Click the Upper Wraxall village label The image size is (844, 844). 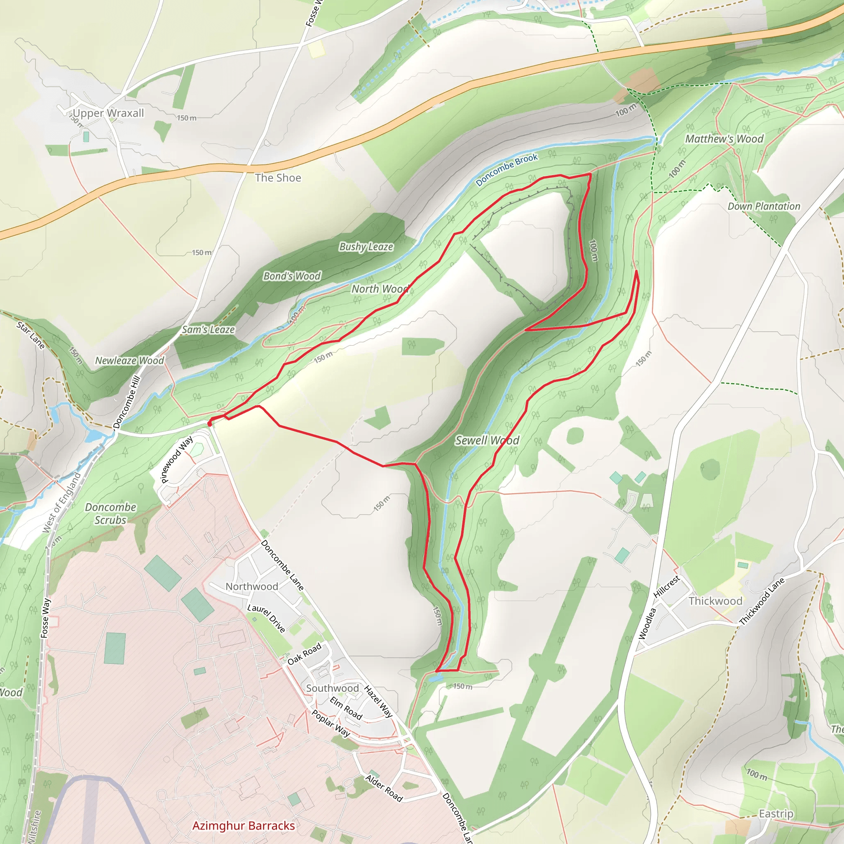click(x=108, y=113)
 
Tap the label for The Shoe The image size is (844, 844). click(x=278, y=178)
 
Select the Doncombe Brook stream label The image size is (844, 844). click(x=507, y=169)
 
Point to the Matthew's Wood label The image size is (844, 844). click(x=724, y=139)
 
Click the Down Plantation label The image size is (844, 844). click(x=764, y=206)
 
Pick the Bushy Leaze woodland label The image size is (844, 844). click(x=366, y=247)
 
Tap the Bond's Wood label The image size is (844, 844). click(x=292, y=276)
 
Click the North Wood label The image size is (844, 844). click(x=380, y=289)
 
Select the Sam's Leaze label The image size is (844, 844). click(x=209, y=330)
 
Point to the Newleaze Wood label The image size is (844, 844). click(x=129, y=361)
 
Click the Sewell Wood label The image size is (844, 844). click(x=487, y=441)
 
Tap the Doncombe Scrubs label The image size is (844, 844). click(x=110, y=514)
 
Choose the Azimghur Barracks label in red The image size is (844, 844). click(x=243, y=825)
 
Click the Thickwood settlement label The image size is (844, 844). click(x=715, y=601)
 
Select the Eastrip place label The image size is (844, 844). click(x=776, y=814)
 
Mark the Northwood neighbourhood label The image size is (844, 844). click(x=252, y=587)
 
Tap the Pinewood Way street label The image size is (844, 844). click(x=177, y=460)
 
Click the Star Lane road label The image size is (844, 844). click(x=30, y=335)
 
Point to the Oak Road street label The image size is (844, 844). click(x=304, y=654)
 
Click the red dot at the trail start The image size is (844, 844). click(x=210, y=423)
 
